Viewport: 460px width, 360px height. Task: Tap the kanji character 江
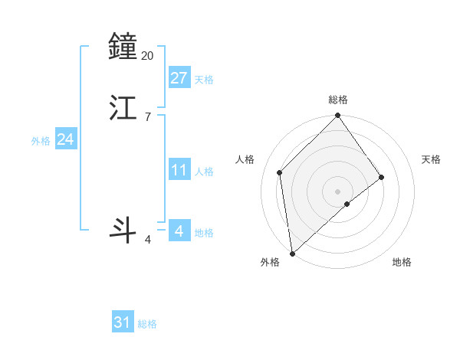point(124,108)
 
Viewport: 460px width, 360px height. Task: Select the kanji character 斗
point(124,230)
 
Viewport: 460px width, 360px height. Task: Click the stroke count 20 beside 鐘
point(148,55)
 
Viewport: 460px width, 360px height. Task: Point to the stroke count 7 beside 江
point(148,117)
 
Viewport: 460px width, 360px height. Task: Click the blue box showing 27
point(179,77)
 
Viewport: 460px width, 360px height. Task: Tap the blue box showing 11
point(179,170)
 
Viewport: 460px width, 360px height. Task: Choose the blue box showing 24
point(66,139)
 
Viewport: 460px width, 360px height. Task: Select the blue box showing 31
point(123,322)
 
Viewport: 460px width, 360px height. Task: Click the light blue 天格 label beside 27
point(204,80)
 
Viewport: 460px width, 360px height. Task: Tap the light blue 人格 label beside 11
point(204,172)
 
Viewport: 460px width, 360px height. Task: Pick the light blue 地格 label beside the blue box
point(204,233)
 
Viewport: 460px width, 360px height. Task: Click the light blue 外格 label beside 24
point(41,141)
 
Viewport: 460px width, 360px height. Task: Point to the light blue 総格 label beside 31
point(147,325)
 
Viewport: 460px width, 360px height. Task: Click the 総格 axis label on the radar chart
point(338,100)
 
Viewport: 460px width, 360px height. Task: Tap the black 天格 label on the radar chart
point(431,159)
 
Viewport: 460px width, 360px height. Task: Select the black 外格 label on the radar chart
point(270,263)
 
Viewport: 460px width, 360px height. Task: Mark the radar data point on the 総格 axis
point(338,116)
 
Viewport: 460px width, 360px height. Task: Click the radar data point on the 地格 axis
point(347,204)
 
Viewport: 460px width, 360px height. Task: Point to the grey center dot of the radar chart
point(338,191)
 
